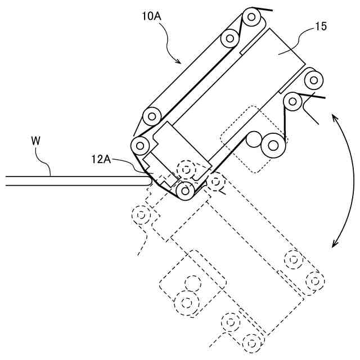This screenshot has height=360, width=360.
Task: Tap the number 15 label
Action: (321, 26)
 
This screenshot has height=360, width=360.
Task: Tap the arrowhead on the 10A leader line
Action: (180, 61)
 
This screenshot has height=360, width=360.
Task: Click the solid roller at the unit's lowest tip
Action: (186, 192)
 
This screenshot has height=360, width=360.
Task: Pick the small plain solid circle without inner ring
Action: (254, 138)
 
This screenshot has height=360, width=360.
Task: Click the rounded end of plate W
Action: (148, 181)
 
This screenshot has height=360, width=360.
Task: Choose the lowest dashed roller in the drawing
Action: (253, 341)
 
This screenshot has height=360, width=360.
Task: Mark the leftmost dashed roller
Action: (141, 214)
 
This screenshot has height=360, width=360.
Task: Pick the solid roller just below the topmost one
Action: (230, 38)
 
